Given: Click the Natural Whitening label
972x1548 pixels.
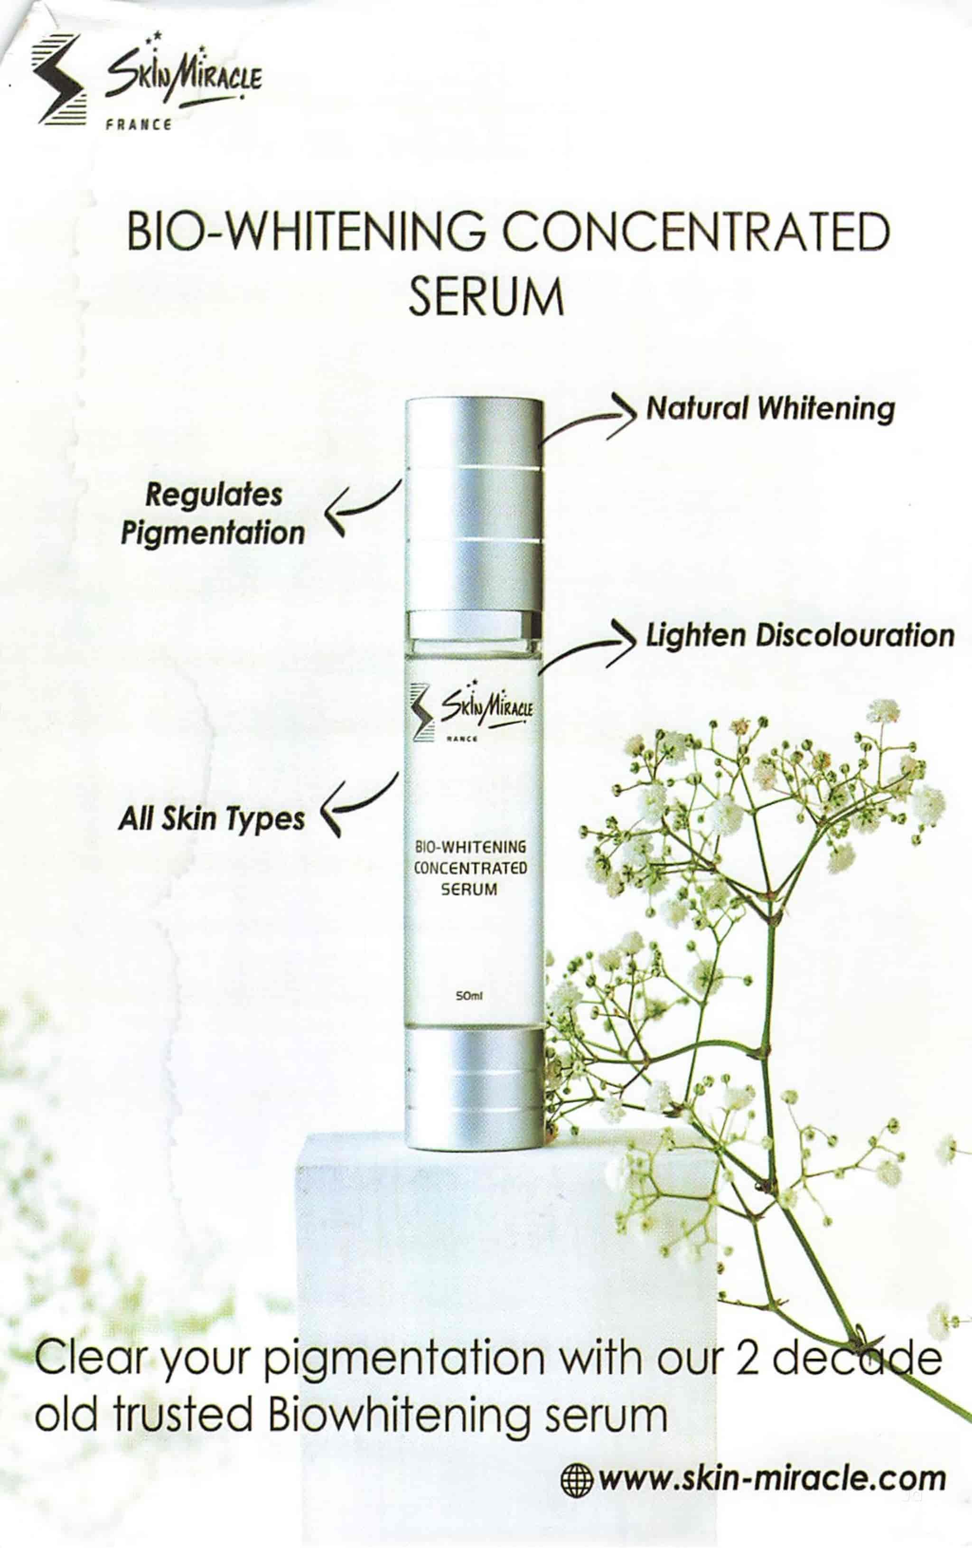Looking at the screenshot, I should click(x=770, y=408).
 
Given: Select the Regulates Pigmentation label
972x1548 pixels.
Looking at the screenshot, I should click(x=213, y=514).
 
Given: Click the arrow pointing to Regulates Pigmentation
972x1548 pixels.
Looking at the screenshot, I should click(x=360, y=508).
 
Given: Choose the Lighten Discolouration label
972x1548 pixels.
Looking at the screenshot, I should click(x=800, y=635).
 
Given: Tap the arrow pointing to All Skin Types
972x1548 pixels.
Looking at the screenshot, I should click(x=357, y=804).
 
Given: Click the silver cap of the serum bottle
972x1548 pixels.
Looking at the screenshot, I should click(x=474, y=501).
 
